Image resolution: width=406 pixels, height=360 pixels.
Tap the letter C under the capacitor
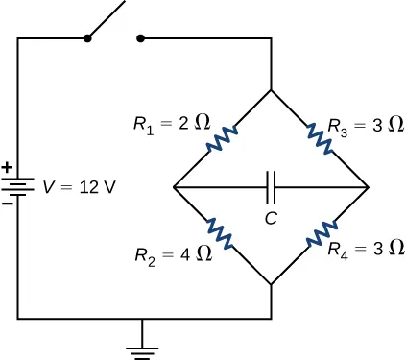(272, 218)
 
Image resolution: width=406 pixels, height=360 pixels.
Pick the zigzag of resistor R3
(320, 138)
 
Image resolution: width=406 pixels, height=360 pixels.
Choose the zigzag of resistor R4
(321, 235)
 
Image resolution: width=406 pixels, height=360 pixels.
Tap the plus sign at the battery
(8, 169)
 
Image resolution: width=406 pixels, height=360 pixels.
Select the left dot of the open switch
(87, 39)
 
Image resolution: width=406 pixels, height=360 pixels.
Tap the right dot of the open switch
(141, 39)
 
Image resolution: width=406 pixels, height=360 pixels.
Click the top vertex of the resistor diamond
(272, 90)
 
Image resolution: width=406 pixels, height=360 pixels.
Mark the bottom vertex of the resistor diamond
(272, 284)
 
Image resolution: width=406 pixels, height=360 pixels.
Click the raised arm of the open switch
(107, 20)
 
